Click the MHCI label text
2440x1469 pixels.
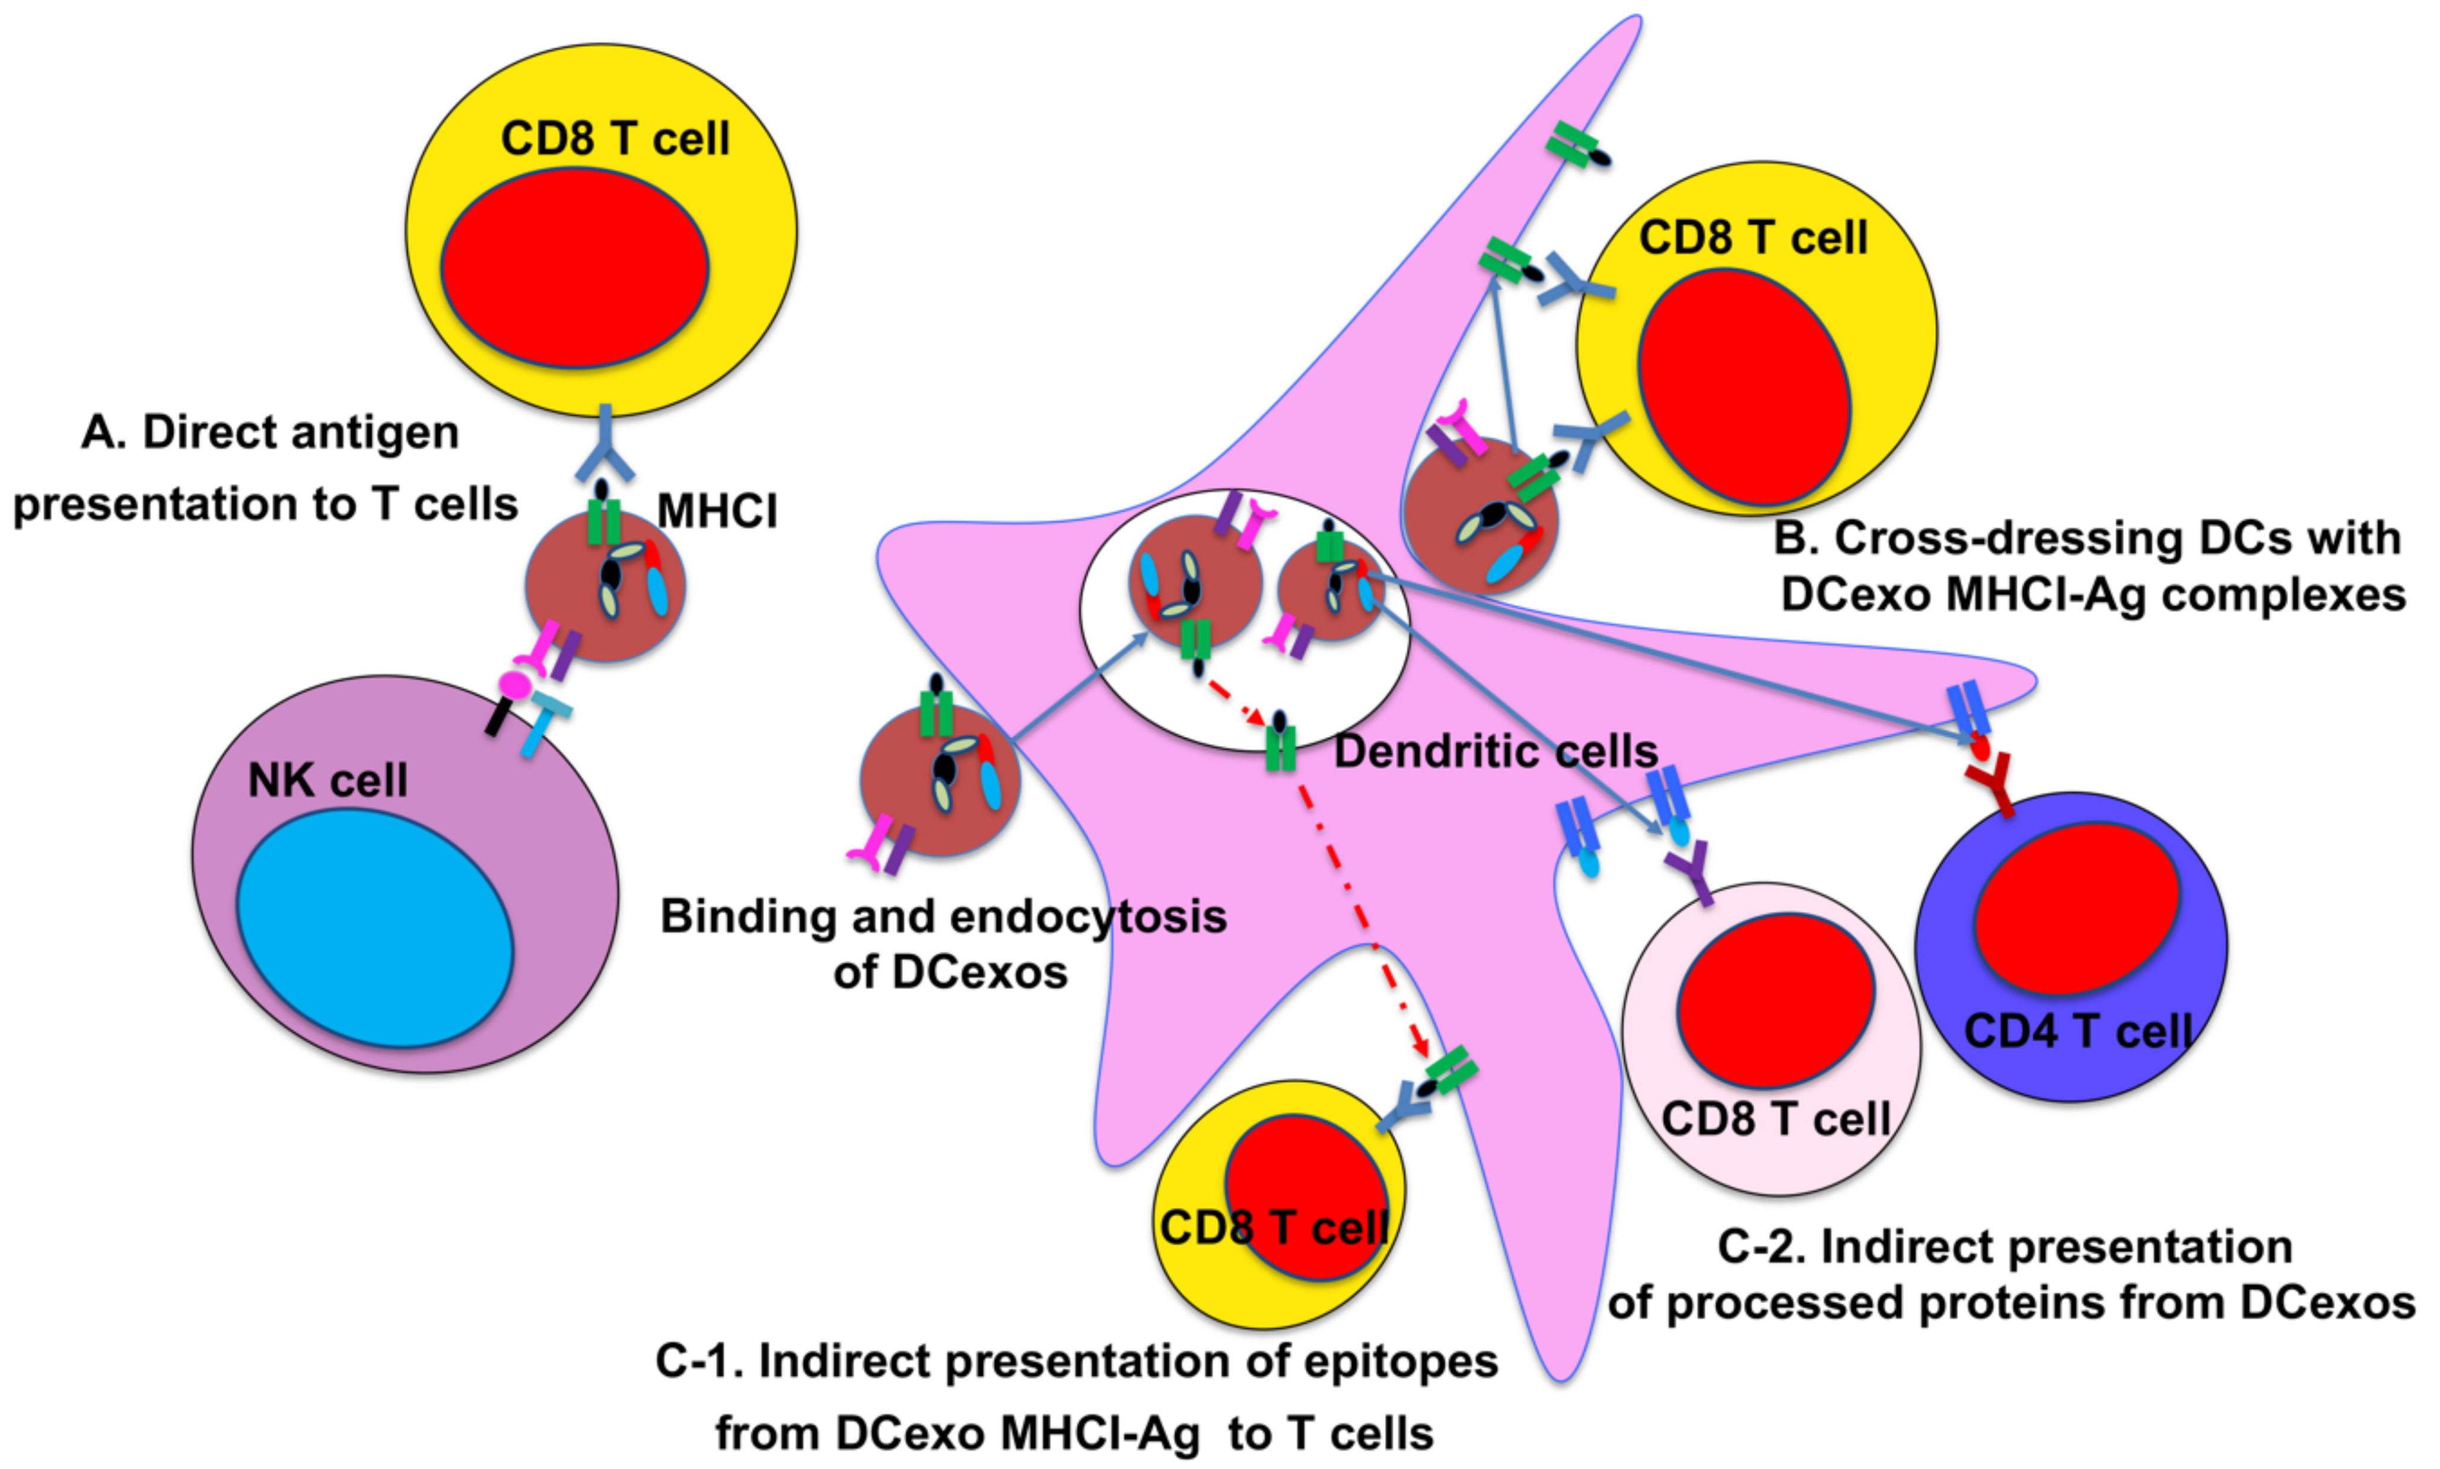pos(717,512)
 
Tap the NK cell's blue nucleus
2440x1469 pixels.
pos(374,927)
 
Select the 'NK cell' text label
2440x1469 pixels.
pos(327,781)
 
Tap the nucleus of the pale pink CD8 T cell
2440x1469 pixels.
pos(1775,1000)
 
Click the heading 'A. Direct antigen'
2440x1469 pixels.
pos(269,433)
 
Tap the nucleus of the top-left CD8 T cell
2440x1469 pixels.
pos(574,267)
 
